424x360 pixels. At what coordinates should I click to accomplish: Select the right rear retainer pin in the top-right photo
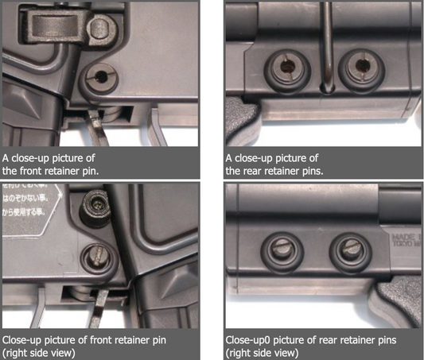click(358, 68)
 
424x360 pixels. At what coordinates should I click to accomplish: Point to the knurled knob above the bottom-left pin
click(95, 209)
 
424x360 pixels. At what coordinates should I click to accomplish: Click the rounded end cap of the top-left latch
click(100, 29)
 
